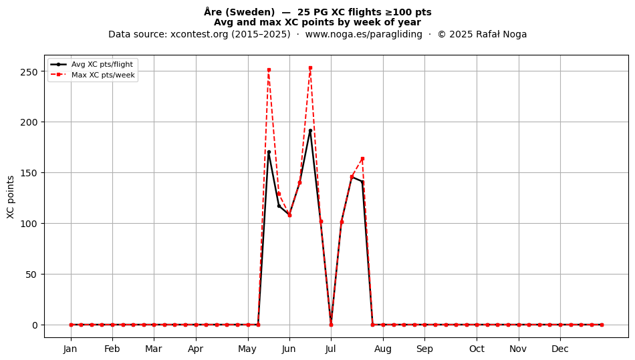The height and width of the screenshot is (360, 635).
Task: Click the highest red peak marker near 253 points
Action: click(x=310, y=68)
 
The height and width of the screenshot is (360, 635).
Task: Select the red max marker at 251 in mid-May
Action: click(x=269, y=70)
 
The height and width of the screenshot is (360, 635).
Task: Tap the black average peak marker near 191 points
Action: click(x=310, y=131)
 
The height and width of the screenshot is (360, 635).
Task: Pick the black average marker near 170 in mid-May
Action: click(x=269, y=152)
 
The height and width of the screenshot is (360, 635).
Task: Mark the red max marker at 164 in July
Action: click(x=362, y=158)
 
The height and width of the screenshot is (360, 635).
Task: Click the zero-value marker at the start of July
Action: click(x=331, y=325)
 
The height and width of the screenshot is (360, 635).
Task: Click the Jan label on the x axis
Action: click(x=70, y=349)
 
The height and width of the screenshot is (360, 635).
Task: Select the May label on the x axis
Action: click(x=247, y=349)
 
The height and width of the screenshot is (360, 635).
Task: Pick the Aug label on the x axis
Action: click(x=383, y=349)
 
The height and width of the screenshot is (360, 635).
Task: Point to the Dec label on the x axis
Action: click(x=560, y=349)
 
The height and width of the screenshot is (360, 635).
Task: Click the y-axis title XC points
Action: click(x=11, y=197)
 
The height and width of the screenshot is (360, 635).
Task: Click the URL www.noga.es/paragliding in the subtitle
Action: click(x=364, y=34)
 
